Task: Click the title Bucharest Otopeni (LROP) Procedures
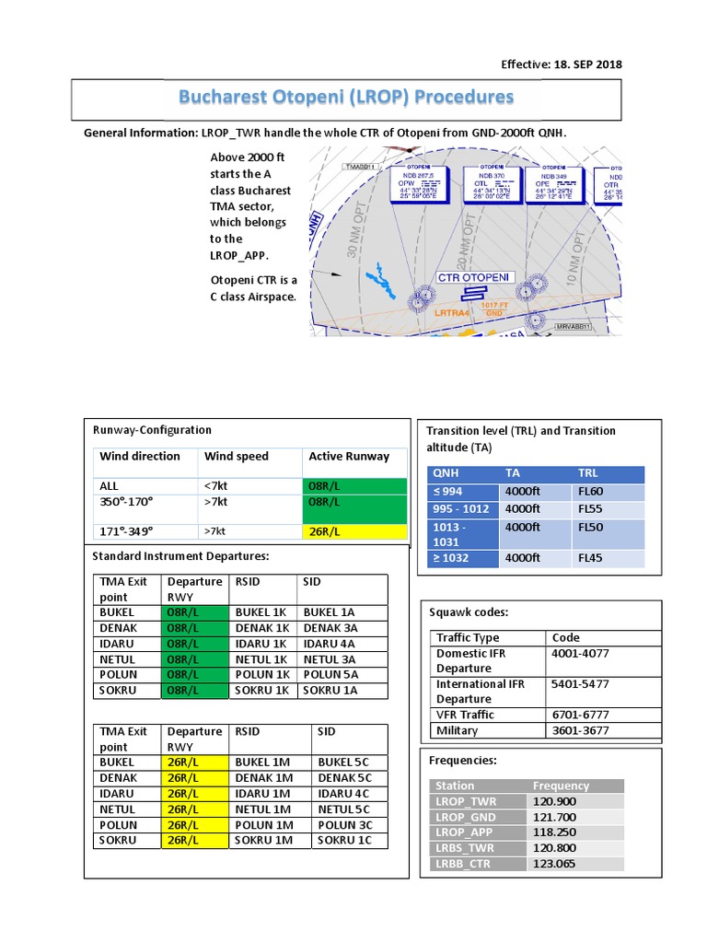pyautogui.click(x=346, y=97)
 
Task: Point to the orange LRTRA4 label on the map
pyautogui.click(x=452, y=313)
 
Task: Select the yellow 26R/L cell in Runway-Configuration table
pyautogui.click(x=354, y=531)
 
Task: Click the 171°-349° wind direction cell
pyautogui.click(x=126, y=531)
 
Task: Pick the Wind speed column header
pyautogui.click(x=237, y=456)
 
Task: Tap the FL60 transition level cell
pyautogui.click(x=591, y=492)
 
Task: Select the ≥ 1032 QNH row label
pyautogui.click(x=451, y=557)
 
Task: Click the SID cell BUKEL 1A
pyautogui.click(x=329, y=611)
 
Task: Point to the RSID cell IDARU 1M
pyautogui.click(x=264, y=793)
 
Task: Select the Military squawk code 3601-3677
pyautogui.click(x=579, y=730)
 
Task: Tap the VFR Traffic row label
pyautogui.click(x=465, y=715)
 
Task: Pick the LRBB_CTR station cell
pyautogui.click(x=465, y=864)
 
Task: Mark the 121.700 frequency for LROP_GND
pyautogui.click(x=553, y=817)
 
